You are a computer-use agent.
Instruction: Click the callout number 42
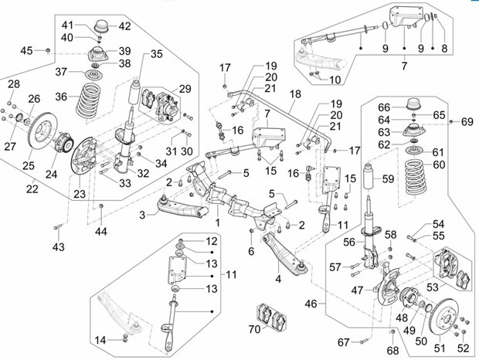pyautogui.click(x=124, y=26)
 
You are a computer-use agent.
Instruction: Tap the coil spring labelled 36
pyautogui.click(x=89, y=100)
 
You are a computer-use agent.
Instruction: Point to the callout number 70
pyautogui.click(x=254, y=329)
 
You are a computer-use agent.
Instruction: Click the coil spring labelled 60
pyautogui.click(x=416, y=176)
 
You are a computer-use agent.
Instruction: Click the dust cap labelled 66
pyautogui.click(x=414, y=105)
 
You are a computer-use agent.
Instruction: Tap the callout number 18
pyautogui.click(x=295, y=94)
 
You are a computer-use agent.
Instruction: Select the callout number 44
pyautogui.click(x=100, y=232)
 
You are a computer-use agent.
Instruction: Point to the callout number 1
pyautogui.click(x=218, y=222)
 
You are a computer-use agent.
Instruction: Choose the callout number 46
pyautogui.click(x=311, y=304)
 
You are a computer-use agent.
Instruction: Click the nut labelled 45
pyautogui.click(x=48, y=49)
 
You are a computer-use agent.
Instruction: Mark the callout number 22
pyautogui.click(x=32, y=189)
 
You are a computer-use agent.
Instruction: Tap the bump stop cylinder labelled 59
pyautogui.click(x=369, y=178)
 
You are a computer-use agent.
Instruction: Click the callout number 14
pyautogui.click(x=100, y=340)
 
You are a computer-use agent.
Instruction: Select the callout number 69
pyautogui.click(x=467, y=122)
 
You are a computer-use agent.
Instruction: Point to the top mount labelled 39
pyautogui.click(x=97, y=54)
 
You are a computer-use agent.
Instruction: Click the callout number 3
pyautogui.click(x=142, y=215)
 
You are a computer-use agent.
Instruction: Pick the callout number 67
pyautogui.click(x=343, y=342)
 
